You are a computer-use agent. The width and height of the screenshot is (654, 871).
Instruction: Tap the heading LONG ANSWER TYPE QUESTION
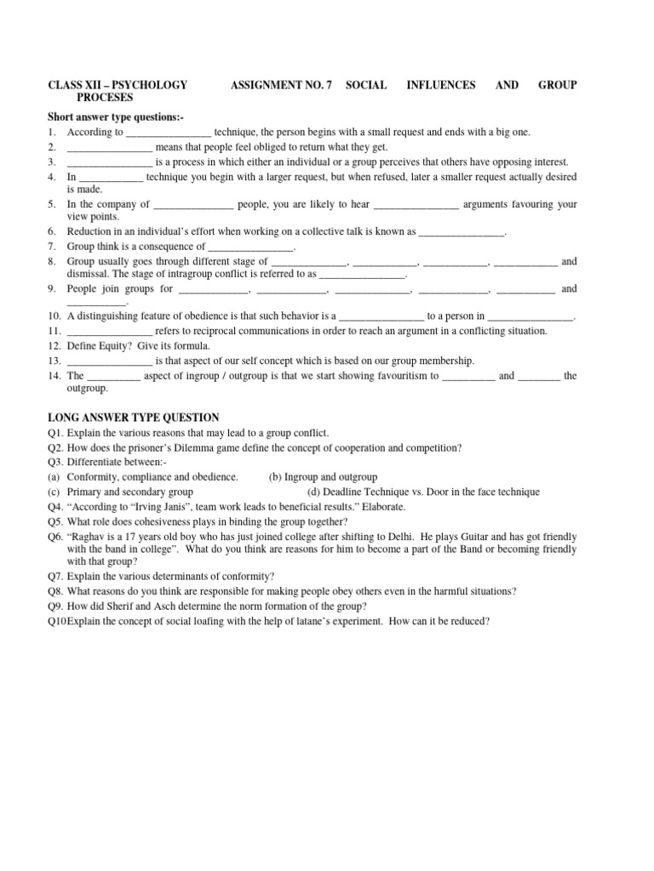(x=134, y=417)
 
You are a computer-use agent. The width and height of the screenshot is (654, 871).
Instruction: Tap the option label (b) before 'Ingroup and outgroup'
(x=276, y=477)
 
